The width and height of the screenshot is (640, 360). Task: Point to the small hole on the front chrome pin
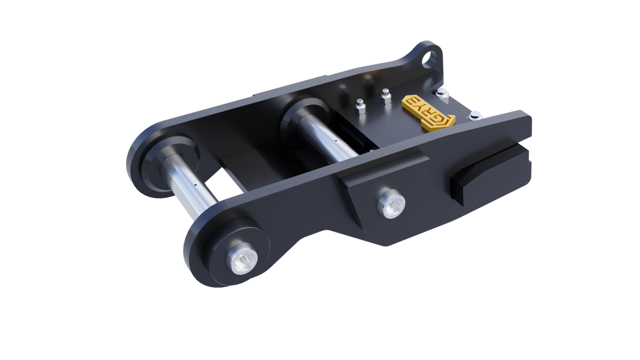tap(196, 185)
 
